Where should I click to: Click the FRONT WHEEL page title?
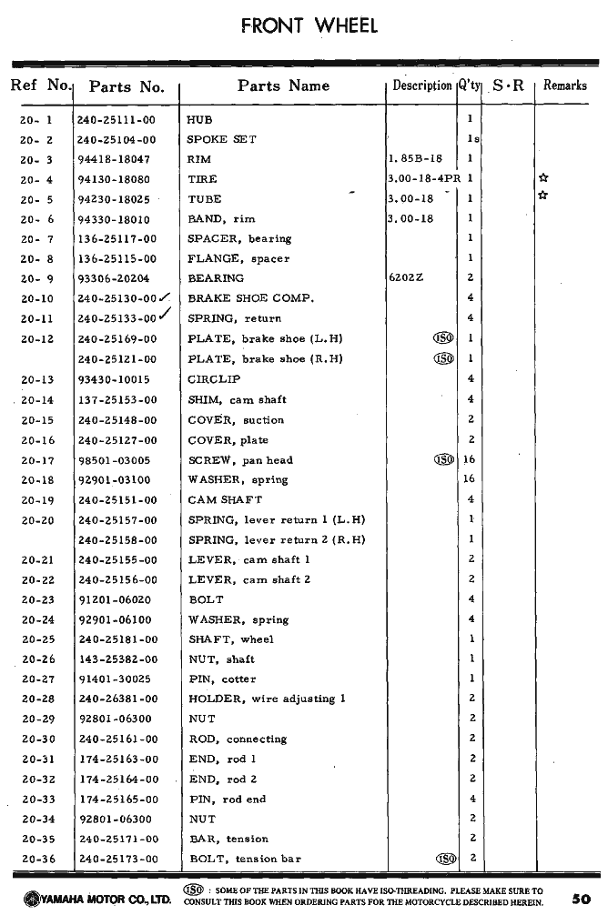[x=309, y=25]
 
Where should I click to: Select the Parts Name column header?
[x=283, y=86]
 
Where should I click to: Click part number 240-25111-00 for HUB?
[x=117, y=119]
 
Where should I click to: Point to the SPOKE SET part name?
[x=221, y=139]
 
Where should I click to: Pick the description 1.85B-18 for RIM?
[x=415, y=159]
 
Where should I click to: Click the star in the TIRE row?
[x=543, y=179]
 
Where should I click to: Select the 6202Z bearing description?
[x=406, y=278]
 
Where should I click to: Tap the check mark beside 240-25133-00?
[x=166, y=315]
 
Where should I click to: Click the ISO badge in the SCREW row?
[x=445, y=459]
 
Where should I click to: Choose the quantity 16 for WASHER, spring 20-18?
[x=470, y=479]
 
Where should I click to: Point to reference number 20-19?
[x=37, y=499]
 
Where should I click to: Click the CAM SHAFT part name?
[x=225, y=499]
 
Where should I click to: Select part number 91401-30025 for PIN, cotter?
[x=115, y=679]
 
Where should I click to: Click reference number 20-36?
[x=37, y=859]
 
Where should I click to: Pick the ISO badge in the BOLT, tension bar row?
[x=445, y=858]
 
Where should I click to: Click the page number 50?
[x=582, y=898]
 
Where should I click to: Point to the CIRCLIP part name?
[x=214, y=379]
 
